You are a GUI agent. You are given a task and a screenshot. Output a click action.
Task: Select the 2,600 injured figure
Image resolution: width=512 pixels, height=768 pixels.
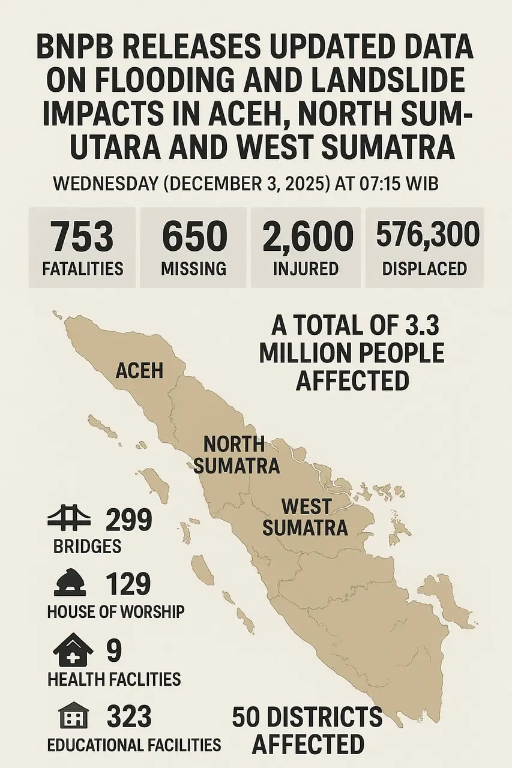[307, 236]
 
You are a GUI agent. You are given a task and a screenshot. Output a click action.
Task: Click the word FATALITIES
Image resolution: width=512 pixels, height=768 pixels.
[82, 268]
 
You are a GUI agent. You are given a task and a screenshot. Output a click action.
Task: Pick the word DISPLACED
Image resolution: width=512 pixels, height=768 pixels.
[424, 268]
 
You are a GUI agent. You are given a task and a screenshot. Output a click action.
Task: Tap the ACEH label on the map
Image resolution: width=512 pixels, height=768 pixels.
[139, 370]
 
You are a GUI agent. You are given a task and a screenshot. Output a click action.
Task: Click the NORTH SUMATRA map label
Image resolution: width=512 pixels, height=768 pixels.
[235, 455]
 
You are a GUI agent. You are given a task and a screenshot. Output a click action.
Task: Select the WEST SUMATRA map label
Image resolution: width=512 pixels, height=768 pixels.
[306, 517]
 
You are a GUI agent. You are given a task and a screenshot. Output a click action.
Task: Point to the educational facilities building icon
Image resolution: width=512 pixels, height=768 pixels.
[73, 716]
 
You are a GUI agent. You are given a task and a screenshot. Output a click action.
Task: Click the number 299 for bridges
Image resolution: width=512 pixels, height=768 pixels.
[128, 520]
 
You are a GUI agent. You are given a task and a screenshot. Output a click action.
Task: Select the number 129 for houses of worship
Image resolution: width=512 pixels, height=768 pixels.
[128, 584]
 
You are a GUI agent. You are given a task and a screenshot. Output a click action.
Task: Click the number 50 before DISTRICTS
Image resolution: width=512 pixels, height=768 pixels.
[249, 718]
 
